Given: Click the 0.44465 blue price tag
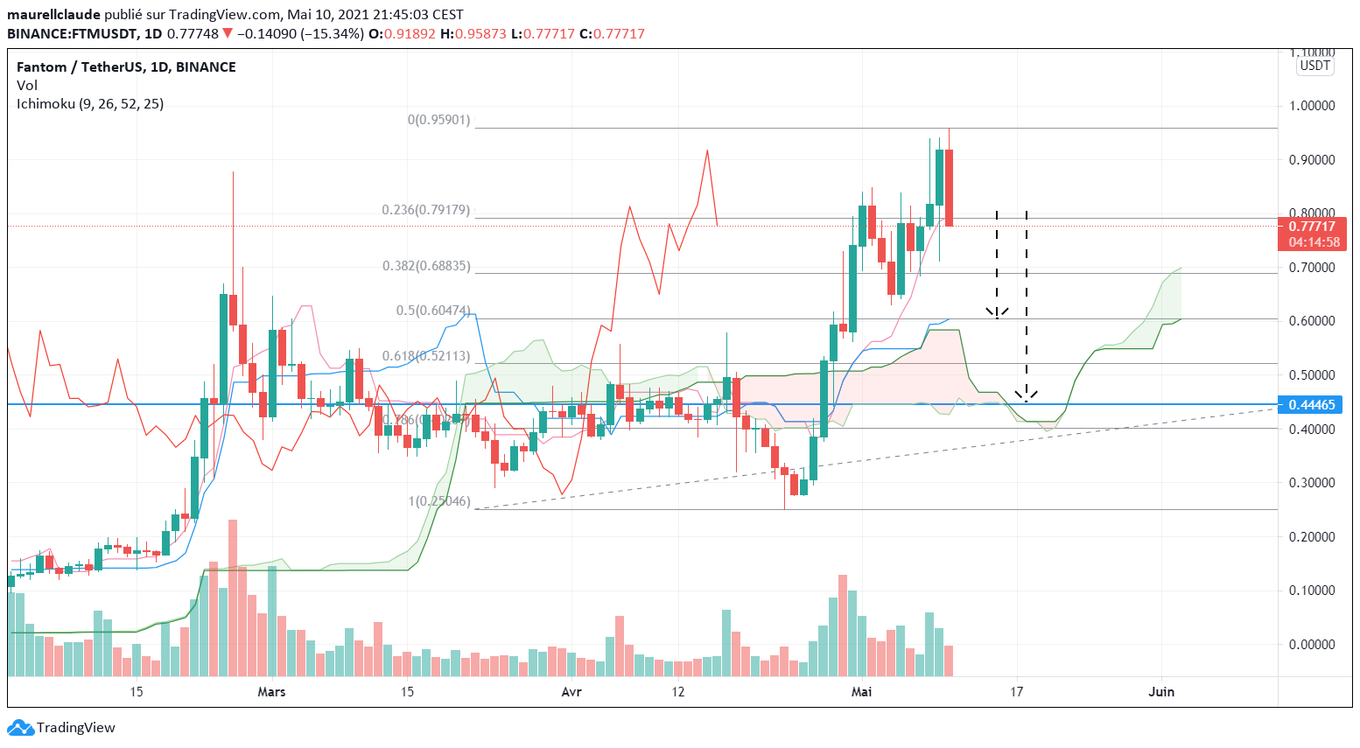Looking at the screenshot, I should [1312, 404].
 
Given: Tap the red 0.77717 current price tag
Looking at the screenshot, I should [1312, 227].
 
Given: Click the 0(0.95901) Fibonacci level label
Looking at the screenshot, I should [438, 120].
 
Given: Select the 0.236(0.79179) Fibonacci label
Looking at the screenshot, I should [425, 210].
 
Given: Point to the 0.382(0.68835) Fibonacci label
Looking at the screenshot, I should [425, 266].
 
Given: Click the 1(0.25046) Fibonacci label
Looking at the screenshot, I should [438, 502].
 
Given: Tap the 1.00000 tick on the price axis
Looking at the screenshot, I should [1312, 106].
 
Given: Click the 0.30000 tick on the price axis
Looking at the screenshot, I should [1312, 483].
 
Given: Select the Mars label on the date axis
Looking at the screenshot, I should [271, 692].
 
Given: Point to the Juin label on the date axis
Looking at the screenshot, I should [1161, 692].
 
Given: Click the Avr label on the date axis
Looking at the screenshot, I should [571, 692].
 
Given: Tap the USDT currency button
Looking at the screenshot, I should [1314, 66].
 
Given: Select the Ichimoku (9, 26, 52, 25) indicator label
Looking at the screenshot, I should [90, 104].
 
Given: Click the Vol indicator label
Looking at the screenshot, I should [27, 86].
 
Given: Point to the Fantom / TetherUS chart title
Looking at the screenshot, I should [126, 67].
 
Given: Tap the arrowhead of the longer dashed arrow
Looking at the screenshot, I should [1027, 396].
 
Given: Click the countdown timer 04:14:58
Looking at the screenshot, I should [1314, 242].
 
